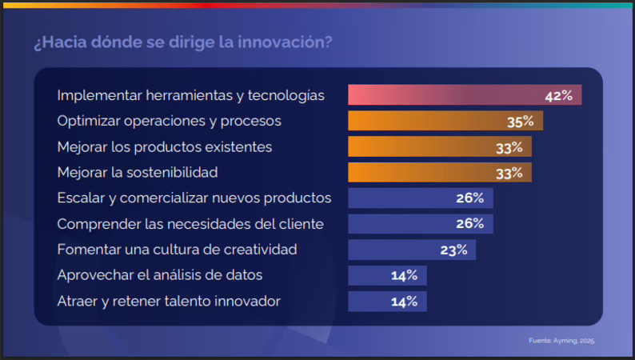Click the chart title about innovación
pos(183,42)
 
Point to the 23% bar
pos(411,250)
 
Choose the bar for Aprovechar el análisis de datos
pos(387,276)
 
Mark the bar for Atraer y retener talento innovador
pos(387,302)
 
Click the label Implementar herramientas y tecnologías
pos(190,95)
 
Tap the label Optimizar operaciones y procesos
pos(169,122)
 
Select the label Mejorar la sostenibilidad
pos(138,173)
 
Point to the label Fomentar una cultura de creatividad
pos(177,250)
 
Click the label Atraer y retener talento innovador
pos(169,302)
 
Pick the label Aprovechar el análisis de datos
pos(160,276)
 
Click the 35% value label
pos(520,122)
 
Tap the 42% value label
pos(558,95)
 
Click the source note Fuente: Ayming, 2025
pos(561,341)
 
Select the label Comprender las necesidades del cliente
pos(190,224)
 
